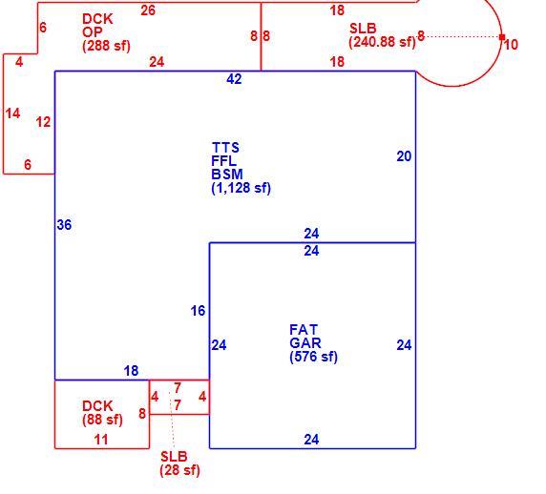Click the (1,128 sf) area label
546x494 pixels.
(241, 188)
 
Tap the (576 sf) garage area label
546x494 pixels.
(313, 357)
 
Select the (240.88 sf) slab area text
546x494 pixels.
(383, 42)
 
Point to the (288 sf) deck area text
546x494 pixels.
(106, 46)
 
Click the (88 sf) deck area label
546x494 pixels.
(102, 420)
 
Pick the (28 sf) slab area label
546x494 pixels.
(179, 470)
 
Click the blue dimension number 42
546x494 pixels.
(234, 79)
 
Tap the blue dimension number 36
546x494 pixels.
(64, 225)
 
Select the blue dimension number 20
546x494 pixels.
(404, 156)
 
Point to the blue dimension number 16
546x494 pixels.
(199, 311)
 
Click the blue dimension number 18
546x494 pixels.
(132, 371)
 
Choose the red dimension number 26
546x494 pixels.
(148, 10)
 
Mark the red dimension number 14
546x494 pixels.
(12, 113)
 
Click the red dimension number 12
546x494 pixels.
(44, 122)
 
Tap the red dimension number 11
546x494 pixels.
(101, 440)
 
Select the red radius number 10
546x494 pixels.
(511, 45)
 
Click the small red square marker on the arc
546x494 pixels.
(502, 37)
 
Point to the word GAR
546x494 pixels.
(305, 343)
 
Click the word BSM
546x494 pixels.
(227, 175)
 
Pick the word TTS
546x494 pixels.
(225, 148)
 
